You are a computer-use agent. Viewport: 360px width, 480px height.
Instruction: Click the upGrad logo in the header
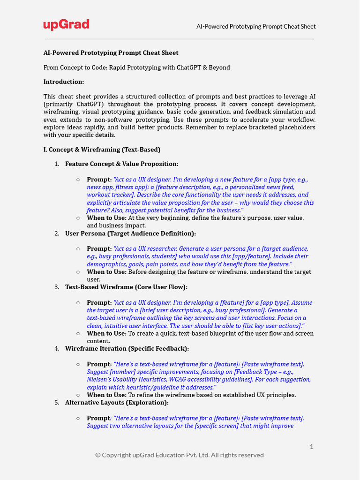click(66, 25)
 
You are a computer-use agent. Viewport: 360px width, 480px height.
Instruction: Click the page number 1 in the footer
click(311, 447)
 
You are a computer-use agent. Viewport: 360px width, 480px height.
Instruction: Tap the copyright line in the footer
click(180, 455)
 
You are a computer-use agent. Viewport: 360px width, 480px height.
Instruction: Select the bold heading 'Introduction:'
click(64, 82)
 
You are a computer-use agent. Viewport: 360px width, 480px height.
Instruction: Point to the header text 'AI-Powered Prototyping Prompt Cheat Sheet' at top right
click(256, 27)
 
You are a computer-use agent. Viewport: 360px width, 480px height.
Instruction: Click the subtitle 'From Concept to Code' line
click(137, 67)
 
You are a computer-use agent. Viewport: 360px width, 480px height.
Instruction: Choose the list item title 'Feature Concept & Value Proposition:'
click(121, 164)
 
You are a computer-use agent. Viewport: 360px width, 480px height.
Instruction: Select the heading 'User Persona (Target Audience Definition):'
click(130, 233)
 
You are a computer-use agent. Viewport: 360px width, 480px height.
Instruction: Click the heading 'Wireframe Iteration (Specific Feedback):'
click(127, 349)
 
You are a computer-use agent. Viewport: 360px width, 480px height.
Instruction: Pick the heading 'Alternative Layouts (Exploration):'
click(117, 403)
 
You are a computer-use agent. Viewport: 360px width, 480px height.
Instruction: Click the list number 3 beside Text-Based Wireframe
click(57, 287)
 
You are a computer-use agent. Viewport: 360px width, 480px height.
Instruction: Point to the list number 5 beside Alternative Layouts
click(57, 403)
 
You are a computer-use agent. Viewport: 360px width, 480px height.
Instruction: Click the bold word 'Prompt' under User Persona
click(98, 249)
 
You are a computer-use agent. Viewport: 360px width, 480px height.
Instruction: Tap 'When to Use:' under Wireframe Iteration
click(106, 395)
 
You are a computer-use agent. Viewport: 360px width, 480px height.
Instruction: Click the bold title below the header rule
click(111, 53)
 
